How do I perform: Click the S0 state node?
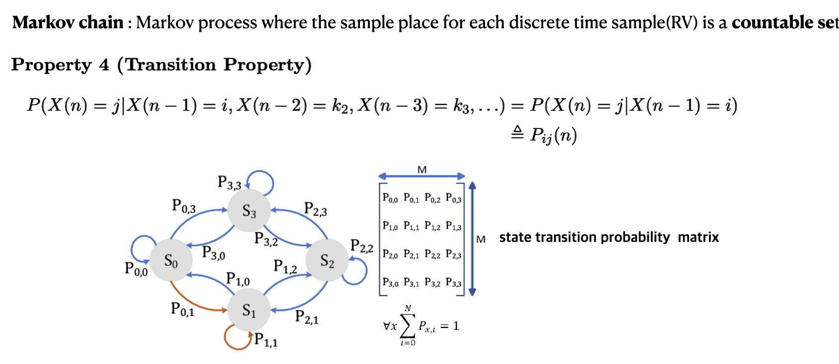pyautogui.click(x=171, y=260)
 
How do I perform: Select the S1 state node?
pyautogui.click(x=249, y=310)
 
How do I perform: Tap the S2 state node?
pyautogui.click(x=327, y=260)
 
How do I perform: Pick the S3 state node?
pyautogui.click(x=249, y=211)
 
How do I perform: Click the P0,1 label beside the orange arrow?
pyautogui.click(x=182, y=309)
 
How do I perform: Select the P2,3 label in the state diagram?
pyautogui.click(x=315, y=209)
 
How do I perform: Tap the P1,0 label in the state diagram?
pyautogui.click(x=238, y=279)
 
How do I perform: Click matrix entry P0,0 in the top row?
pyautogui.click(x=390, y=198)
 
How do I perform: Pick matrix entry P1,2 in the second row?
pyautogui.click(x=432, y=226)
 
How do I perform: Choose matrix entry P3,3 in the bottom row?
pyautogui.click(x=453, y=283)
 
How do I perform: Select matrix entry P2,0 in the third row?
pyautogui.click(x=390, y=254)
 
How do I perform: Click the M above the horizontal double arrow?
pyautogui.click(x=422, y=170)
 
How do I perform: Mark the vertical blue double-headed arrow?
pyautogui.click(x=472, y=239)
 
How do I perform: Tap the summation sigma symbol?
pyautogui.click(x=408, y=326)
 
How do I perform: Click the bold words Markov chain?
pyautogui.click(x=68, y=22)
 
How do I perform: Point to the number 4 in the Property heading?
pyautogui.click(x=104, y=65)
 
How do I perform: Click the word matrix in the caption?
pyautogui.click(x=698, y=237)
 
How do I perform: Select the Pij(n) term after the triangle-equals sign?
pyautogui.click(x=553, y=135)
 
